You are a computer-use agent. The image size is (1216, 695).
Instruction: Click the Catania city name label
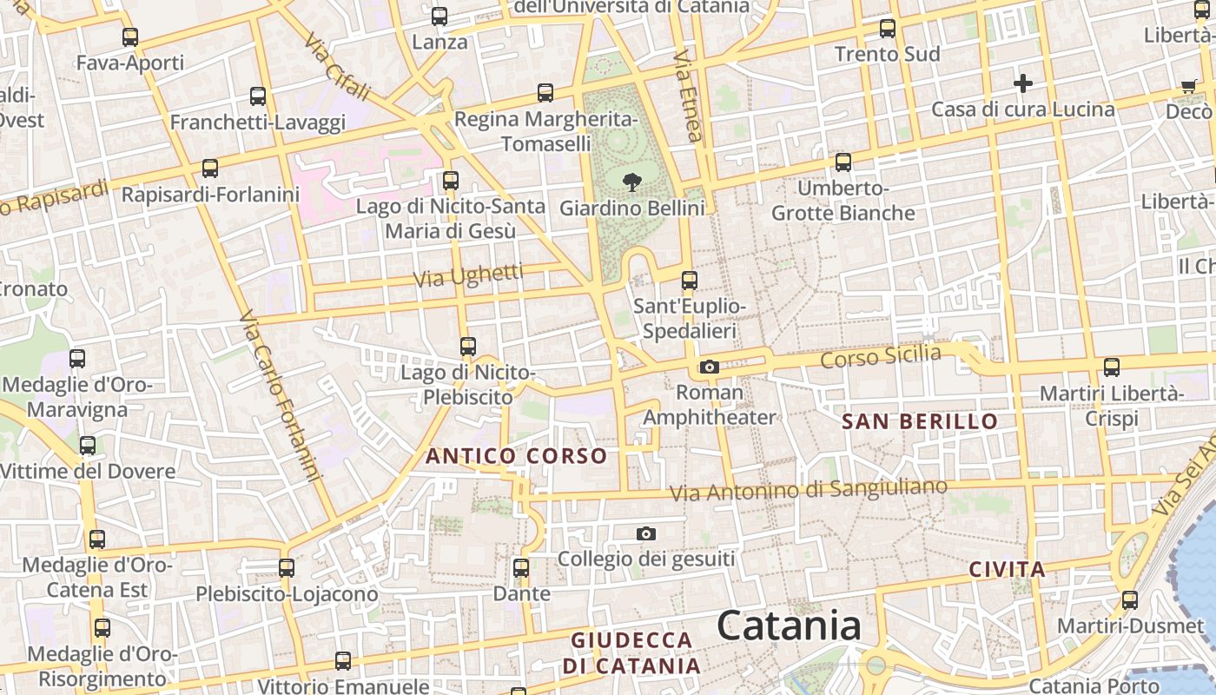[x=789, y=625]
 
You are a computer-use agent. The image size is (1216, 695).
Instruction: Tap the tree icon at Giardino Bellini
[x=632, y=182]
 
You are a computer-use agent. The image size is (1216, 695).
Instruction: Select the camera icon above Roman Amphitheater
[x=710, y=367]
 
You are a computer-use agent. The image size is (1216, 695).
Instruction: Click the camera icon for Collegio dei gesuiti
[x=645, y=533]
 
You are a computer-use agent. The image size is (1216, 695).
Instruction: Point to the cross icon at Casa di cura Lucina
[x=1023, y=84]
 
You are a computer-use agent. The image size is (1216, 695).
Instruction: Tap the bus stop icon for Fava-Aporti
[x=130, y=37]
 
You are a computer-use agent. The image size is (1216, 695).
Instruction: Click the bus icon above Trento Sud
[x=887, y=29]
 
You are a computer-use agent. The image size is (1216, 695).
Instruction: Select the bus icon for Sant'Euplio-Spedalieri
[x=690, y=281]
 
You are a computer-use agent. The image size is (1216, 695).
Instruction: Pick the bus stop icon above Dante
[x=521, y=568]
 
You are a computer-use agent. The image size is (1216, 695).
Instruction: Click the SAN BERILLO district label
[x=920, y=422]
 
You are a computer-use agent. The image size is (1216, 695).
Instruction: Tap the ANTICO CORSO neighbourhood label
[x=516, y=456]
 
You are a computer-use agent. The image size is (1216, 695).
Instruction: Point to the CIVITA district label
[x=1007, y=570]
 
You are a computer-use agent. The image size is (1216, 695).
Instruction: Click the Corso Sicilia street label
[x=881, y=355]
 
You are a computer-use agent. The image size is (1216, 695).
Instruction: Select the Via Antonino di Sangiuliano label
[x=808, y=490]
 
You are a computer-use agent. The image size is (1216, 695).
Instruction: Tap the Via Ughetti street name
[x=469, y=275]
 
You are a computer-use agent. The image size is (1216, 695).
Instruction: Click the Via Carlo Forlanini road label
[x=280, y=395]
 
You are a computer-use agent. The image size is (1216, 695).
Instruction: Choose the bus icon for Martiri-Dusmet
[x=1130, y=600]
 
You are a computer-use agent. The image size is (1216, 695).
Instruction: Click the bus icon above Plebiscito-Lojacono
[x=287, y=568]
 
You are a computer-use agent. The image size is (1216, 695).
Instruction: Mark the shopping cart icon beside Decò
[x=1188, y=86]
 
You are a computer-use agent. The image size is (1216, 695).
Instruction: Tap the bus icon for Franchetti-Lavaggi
[x=258, y=96]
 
